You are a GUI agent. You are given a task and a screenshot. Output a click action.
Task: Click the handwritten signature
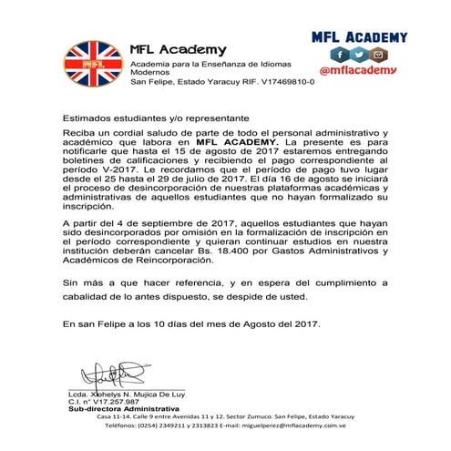[x=114, y=373]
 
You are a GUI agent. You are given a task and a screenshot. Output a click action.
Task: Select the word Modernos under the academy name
[x=149, y=71]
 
